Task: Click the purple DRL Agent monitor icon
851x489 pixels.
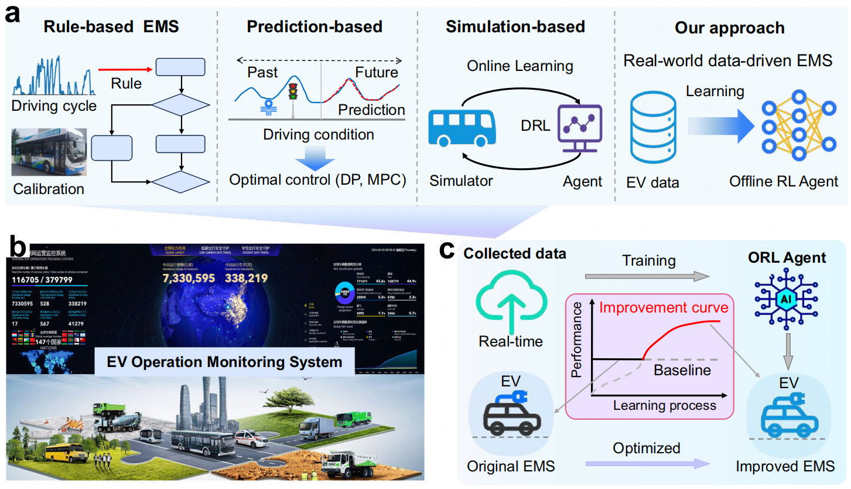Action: click(580, 125)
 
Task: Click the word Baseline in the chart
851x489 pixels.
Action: click(682, 370)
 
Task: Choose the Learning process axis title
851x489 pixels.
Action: click(664, 405)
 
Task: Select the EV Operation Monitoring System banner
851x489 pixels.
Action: click(224, 361)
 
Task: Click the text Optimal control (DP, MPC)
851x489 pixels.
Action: click(317, 179)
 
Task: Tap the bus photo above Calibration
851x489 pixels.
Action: click(49, 152)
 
